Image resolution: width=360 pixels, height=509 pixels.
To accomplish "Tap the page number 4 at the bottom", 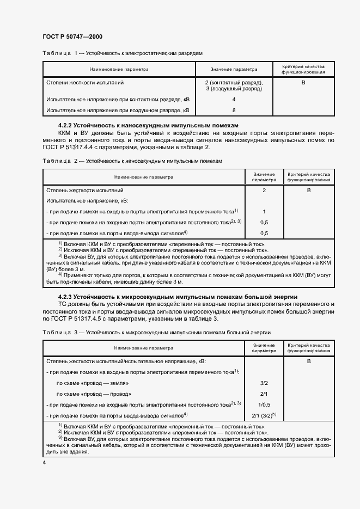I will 44,463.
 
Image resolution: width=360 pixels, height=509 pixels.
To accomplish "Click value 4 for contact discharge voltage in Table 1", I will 234,100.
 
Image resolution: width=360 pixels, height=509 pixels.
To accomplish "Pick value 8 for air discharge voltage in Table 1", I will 234,110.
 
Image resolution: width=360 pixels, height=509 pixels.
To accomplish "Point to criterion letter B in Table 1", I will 303,83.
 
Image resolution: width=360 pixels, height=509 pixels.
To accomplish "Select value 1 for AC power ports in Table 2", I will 264,211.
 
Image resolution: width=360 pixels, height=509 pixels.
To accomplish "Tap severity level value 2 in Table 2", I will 264,191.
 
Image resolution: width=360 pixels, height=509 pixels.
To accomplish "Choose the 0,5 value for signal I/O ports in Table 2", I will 264,233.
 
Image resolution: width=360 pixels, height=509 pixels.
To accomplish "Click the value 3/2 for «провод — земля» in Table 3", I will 264,383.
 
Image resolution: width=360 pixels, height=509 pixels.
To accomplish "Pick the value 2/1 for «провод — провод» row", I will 264,393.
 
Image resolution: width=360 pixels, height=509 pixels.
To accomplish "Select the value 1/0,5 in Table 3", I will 264,404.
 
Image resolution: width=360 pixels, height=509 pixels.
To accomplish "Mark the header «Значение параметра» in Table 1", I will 234,70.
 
